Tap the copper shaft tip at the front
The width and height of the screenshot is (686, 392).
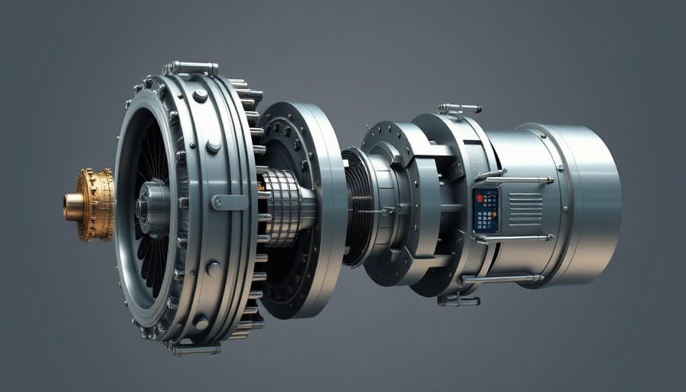(73, 207)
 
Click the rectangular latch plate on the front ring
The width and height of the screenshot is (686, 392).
(229, 202)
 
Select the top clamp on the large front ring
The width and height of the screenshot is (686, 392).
(190, 67)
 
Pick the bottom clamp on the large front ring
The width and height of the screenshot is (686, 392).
(193, 348)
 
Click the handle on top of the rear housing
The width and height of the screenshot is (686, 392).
(459, 108)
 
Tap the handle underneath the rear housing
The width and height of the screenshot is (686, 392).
(458, 299)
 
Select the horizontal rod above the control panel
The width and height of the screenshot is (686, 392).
(513, 179)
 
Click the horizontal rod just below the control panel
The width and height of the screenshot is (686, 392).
(509, 238)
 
